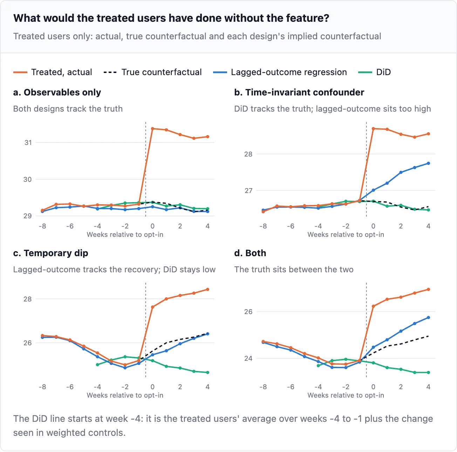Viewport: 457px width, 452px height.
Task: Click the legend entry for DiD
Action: coord(374,72)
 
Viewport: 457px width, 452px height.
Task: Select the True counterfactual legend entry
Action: coord(152,72)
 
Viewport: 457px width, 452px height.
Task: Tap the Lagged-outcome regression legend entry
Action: coord(280,72)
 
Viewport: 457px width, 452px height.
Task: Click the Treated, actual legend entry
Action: coord(53,72)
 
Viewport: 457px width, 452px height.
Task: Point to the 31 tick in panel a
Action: coord(28,142)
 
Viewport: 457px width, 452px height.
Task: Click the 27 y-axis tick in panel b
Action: coord(248,191)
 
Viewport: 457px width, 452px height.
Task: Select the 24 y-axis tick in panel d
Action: coord(248,358)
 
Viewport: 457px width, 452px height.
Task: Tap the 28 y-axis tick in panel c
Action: coord(27,299)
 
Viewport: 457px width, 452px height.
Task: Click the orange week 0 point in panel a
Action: coord(152,129)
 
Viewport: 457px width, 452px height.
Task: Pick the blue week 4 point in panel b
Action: coord(428,164)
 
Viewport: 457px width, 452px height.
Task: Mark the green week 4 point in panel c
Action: coord(208,372)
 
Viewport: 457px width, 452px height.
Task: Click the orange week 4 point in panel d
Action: coord(428,290)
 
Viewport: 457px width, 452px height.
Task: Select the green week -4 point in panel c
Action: coord(97,365)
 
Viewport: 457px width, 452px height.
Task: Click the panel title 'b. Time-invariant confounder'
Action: coord(299,92)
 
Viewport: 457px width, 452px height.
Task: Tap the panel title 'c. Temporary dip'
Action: coord(50,253)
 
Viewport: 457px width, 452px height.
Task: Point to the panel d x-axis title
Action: coord(346,395)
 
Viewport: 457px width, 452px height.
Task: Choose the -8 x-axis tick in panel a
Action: coord(42,226)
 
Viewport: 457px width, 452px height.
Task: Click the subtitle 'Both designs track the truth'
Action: coord(68,109)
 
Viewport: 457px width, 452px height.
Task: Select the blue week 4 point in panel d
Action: coord(428,318)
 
